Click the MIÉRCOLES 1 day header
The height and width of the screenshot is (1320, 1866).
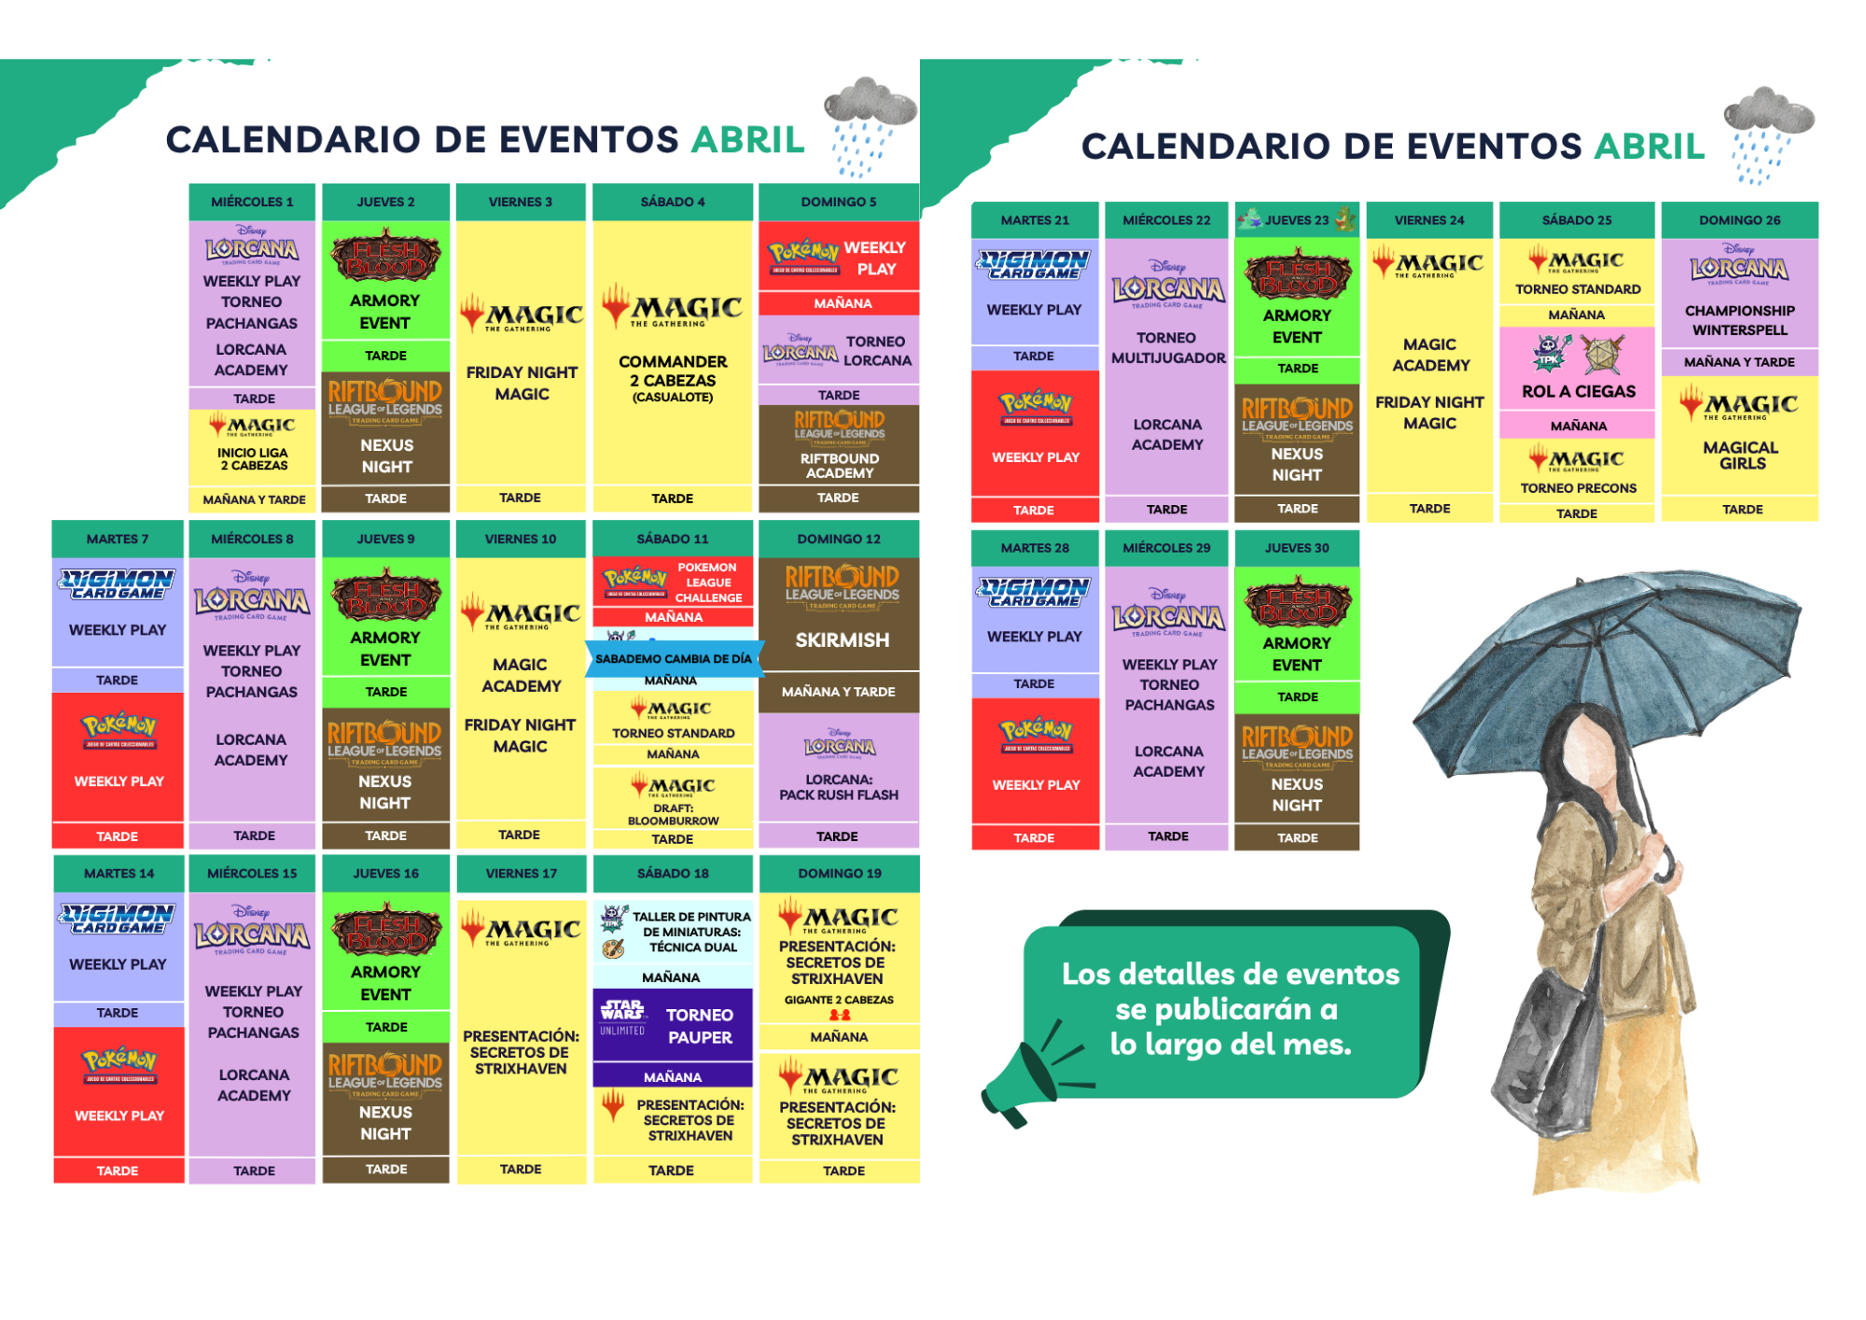tap(252, 202)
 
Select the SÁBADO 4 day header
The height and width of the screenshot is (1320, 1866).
tap(672, 202)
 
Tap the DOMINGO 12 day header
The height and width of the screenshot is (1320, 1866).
tap(838, 539)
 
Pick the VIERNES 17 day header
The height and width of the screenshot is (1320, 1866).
tap(521, 874)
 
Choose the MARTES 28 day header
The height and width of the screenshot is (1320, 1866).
tap(1035, 548)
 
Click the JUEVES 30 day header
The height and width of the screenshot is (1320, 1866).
tap(1296, 548)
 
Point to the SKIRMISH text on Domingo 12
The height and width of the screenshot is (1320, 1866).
tap(842, 640)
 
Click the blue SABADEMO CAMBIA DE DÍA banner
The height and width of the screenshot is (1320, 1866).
tap(673, 659)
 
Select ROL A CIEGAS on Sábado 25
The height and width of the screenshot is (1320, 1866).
tap(1578, 392)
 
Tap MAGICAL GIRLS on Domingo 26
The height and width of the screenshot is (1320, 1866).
tap(1741, 456)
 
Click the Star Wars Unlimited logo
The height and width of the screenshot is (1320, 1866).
tap(622, 1017)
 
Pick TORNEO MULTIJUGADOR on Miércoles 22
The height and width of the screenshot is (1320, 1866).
tap(1167, 347)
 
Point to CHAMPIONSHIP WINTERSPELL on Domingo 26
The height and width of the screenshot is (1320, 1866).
tap(1740, 320)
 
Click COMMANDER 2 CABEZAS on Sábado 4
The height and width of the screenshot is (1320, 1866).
tap(672, 371)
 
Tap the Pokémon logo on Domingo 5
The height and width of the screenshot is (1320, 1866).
tap(803, 253)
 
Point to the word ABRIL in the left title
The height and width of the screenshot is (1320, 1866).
tap(747, 140)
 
